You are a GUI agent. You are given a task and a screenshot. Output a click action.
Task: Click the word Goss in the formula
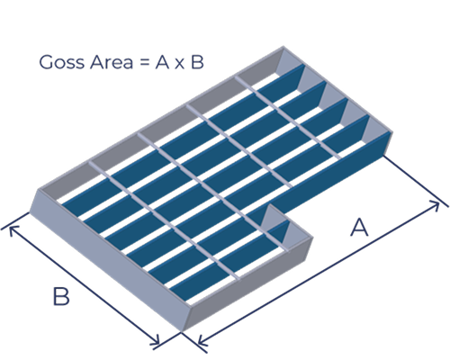pos(61,62)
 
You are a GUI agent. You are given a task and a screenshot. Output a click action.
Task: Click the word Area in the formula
pos(111,62)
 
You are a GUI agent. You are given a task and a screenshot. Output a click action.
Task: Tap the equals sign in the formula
pos(144,63)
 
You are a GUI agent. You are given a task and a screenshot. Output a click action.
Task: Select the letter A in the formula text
pos(162,62)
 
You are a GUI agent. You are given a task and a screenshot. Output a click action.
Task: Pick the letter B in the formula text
pos(197,62)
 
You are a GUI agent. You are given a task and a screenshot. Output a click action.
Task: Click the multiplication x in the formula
pos(179,64)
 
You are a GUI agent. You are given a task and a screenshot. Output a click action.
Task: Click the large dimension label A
pos(359,228)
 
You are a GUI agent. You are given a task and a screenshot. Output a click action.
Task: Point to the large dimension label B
pos(61,296)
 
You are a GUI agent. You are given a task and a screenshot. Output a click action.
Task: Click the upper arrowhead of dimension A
pos(435,205)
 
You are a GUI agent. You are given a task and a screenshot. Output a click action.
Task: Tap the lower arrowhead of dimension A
pos(202,341)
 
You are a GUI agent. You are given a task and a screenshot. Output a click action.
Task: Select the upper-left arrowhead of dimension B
pos(13,229)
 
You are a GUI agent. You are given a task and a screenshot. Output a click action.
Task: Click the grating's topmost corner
pos(283,47)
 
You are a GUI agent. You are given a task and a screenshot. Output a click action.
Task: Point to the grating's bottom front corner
pos(183,330)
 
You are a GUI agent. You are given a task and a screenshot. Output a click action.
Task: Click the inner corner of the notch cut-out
pos(270,205)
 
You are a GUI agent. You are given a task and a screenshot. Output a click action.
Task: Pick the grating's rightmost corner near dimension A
pos(391,132)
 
